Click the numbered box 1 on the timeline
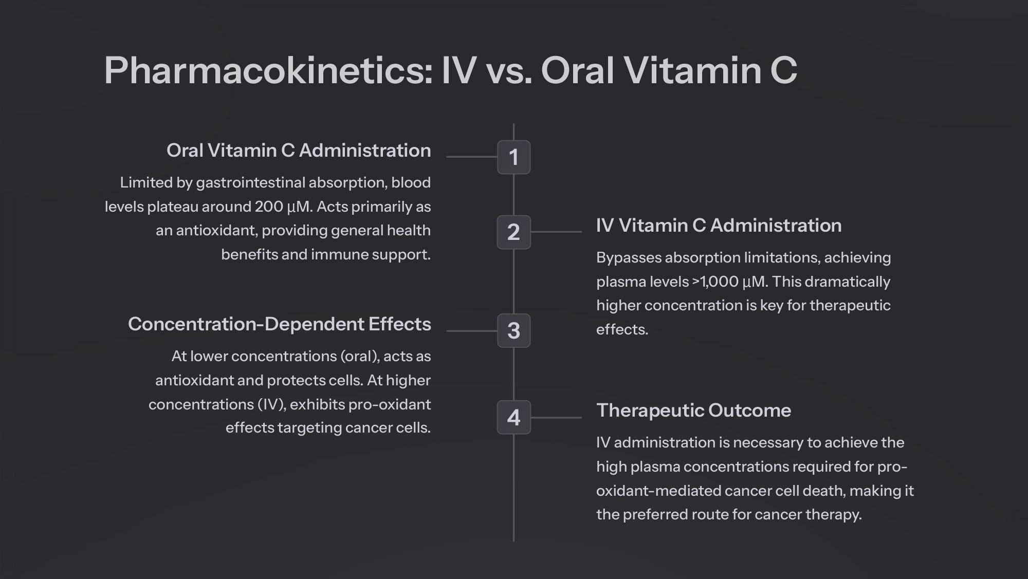[x=513, y=157]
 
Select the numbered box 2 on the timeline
[x=513, y=232]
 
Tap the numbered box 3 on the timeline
[x=513, y=331]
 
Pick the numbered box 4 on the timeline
[x=513, y=417]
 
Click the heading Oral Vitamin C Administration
[x=299, y=151]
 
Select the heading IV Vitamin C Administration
[x=719, y=226]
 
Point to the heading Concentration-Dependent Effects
[x=280, y=324]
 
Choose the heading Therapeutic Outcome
[x=694, y=410]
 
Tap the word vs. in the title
[x=508, y=70]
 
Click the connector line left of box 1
[x=472, y=157]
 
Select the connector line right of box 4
[x=556, y=418]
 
